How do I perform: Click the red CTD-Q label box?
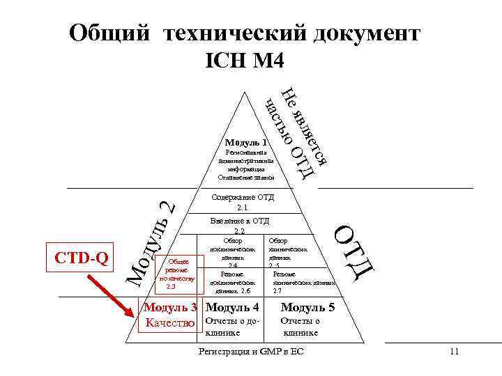coord(81,258)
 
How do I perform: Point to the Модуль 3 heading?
coord(170,307)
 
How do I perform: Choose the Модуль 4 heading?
coord(233,307)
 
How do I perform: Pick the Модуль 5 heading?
coord(307,307)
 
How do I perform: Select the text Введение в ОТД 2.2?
coord(240,226)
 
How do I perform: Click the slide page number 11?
coord(454,352)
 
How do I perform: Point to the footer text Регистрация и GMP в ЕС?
coord(252,352)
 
